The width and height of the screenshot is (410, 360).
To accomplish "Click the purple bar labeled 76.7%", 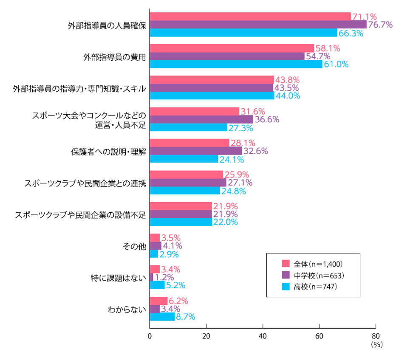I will click(x=258, y=25).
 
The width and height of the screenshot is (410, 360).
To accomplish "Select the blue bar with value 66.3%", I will click(x=243, y=33).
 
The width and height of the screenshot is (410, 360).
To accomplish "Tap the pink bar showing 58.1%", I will click(x=232, y=48).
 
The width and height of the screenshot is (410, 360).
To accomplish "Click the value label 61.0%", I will click(x=336, y=65).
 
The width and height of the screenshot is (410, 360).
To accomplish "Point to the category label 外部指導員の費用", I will click(x=115, y=56).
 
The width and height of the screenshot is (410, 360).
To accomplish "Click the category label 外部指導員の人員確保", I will click(x=107, y=25).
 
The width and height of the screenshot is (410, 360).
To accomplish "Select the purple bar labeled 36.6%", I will click(x=201, y=120).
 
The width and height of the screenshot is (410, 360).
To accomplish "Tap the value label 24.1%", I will click(x=232, y=160).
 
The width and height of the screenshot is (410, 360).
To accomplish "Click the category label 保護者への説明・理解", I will click(x=108, y=152).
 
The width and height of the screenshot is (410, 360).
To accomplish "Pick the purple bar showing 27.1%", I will click(x=188, y=183).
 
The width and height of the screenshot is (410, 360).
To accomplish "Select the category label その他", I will click(x=134, y=246).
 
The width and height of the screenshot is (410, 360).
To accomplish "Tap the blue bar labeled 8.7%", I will click(x=162, y=317).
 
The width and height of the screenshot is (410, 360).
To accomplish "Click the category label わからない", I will click(x=127, y=309).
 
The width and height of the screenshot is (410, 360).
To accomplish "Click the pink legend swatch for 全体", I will click(x=286, y=263).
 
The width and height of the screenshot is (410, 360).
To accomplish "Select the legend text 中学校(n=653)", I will click(x=318, y=275).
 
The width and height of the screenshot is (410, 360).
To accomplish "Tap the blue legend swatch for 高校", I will click(x=286, y=287).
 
